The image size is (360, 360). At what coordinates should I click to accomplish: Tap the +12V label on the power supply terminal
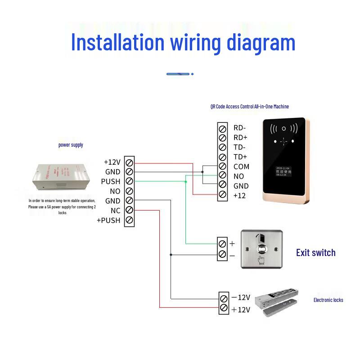[x=112, y=162]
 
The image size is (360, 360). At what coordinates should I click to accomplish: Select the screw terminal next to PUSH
[x=130, y=181]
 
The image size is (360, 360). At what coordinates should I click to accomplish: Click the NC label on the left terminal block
[x=115, y=211]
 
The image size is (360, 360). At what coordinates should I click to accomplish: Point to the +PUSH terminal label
[x=108, y=220]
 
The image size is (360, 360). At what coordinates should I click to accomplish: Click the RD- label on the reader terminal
[x=240, y=128]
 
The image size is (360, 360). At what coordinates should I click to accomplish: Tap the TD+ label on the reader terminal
[x=240, y=157]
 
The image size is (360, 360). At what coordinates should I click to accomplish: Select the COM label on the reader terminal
[x=241, y=166]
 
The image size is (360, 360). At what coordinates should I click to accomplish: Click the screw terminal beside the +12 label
[x=222, y=195]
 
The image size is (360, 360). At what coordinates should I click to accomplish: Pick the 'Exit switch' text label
[x=315, y=253]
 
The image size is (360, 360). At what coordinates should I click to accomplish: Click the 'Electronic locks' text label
[x=328, y=300]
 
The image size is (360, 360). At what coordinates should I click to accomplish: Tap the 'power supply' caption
[x=71, y=145]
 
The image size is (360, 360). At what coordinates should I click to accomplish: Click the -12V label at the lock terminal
[x=240, y=297]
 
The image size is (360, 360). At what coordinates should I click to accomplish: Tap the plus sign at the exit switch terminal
[x=232, y=243]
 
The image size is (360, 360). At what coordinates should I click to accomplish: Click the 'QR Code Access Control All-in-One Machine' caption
[x=249, y=107]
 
